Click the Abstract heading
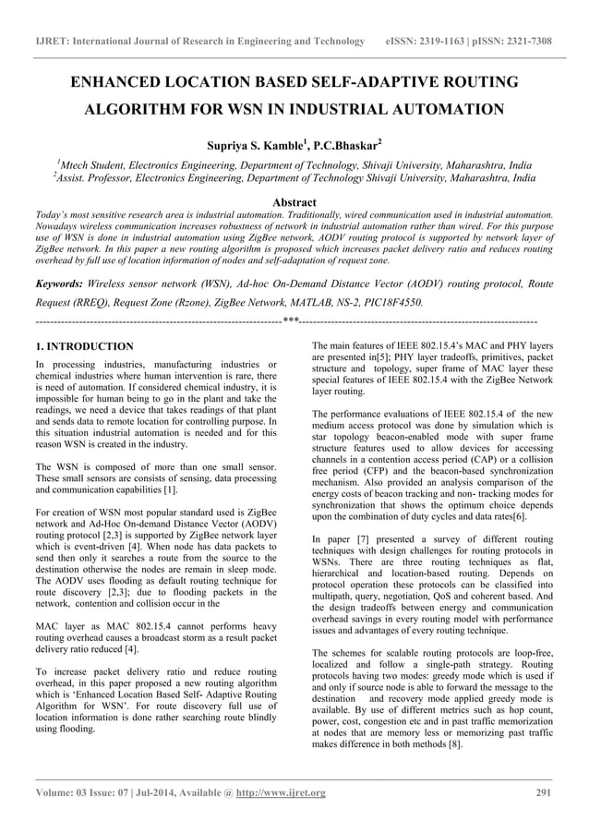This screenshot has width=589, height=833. point(294,202)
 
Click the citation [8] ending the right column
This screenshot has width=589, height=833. point(452,744)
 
